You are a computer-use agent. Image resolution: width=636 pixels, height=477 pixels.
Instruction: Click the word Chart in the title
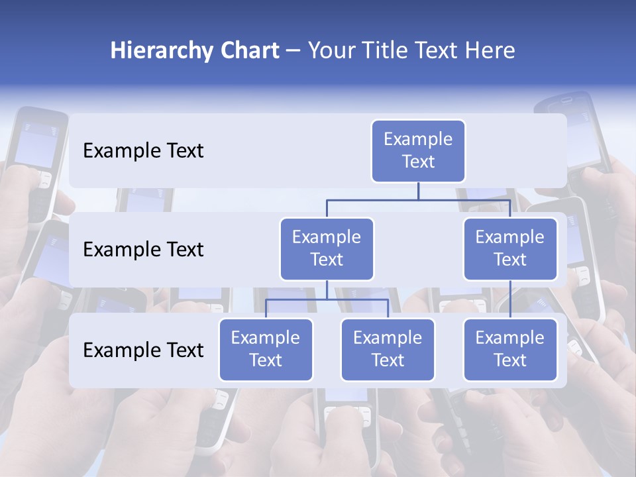click(249, 51)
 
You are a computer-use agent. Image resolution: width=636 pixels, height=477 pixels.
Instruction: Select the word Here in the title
click(490, 51)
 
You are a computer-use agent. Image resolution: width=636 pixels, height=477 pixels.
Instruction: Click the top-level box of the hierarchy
click(418, 150)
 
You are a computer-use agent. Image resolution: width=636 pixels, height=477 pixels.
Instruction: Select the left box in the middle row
click(327, 248)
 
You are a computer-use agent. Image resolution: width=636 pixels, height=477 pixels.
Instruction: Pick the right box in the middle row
click(510, 248)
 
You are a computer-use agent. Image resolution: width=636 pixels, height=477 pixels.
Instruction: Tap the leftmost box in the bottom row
click(266, 349)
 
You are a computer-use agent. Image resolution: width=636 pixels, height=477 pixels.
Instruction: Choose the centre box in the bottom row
click(388, 349)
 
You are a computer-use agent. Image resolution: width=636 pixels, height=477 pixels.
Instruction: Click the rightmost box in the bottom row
click(510, 349)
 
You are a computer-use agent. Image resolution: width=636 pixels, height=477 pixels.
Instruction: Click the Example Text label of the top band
click(143, 151)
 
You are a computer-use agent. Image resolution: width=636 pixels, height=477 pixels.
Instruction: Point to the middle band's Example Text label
click(143, 250)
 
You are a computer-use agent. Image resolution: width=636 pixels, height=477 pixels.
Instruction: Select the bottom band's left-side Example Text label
click(143, 350)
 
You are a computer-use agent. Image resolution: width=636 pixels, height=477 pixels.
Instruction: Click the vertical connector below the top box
click(418, 191)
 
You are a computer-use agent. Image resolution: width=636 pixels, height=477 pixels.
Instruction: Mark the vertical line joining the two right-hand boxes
click(510, 299)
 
